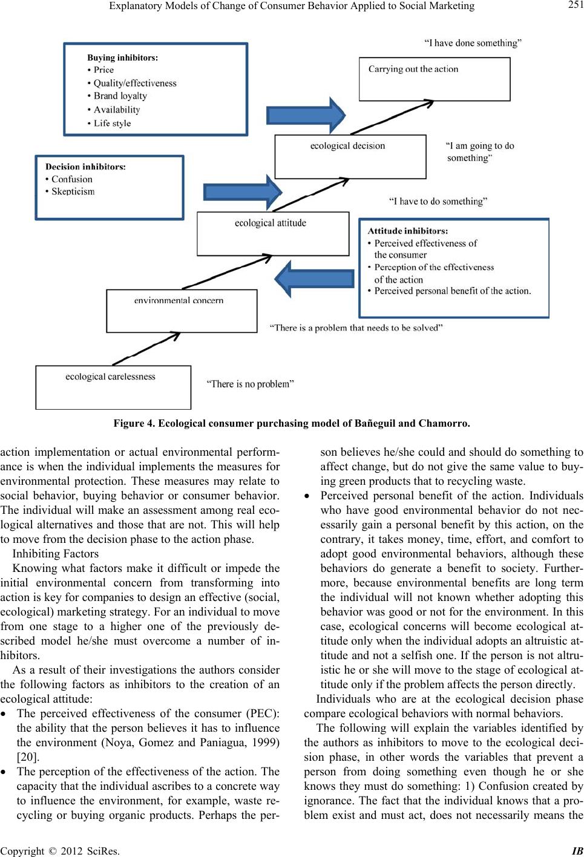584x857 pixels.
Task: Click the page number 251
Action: coord(576,5)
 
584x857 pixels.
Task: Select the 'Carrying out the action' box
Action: coord(435,79)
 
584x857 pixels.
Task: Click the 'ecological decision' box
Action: coord(350,157)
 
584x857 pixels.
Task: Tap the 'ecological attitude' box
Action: coord(273,234)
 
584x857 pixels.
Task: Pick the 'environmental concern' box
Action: coord(182,310)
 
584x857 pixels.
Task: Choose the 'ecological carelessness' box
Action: coord(113,387)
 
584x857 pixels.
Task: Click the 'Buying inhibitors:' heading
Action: coord(122,57)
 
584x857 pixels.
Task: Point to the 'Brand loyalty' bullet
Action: coord(117,96)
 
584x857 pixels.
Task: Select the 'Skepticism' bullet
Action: coord(70,191)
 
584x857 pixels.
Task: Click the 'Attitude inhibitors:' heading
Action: coord(408,231)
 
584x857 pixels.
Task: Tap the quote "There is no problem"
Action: coord(250,384)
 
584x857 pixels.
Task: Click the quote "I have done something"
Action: coord(473,43)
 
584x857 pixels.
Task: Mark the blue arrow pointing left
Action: coord(314,279)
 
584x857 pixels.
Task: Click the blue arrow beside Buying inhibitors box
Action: coord(306,115)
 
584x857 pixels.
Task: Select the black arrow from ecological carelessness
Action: coord(146,349)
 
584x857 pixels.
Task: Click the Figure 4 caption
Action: coord(292,424)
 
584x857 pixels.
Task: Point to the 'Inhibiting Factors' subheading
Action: coord(56,554)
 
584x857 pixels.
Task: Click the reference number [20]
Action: coord(28,757)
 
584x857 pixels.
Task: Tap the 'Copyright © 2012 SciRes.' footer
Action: coord(60,852)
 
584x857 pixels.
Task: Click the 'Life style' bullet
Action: coord(109,123)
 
